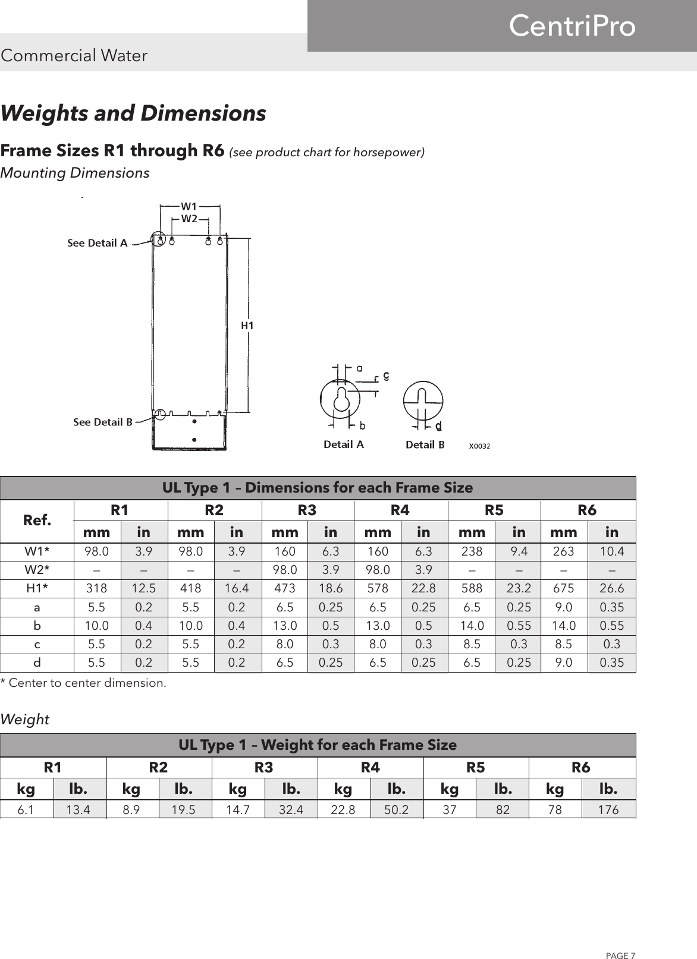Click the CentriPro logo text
[x=572, y=27]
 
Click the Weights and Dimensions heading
[x=133, y=113]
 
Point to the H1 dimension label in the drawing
[x=247, y=325]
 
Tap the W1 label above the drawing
[x=189, y=206]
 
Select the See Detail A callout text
[x=98, y=243]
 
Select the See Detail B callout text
[x=103, y=422]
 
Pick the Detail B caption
[x=425, y=444]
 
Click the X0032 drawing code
[x=479, y=445]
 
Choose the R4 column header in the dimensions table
[x=400, y=510]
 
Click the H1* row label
[x=37, y=588]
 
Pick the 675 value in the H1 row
[x=564, y=588]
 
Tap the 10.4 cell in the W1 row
[x=612, y=551]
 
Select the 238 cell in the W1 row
[x=472, y=551]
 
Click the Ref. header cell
[x=37, y=520]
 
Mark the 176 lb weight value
[x=608, y=809]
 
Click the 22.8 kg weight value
[x=343, y=809]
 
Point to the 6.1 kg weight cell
[x=26, y=809]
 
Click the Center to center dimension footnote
[x=84, y=683]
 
